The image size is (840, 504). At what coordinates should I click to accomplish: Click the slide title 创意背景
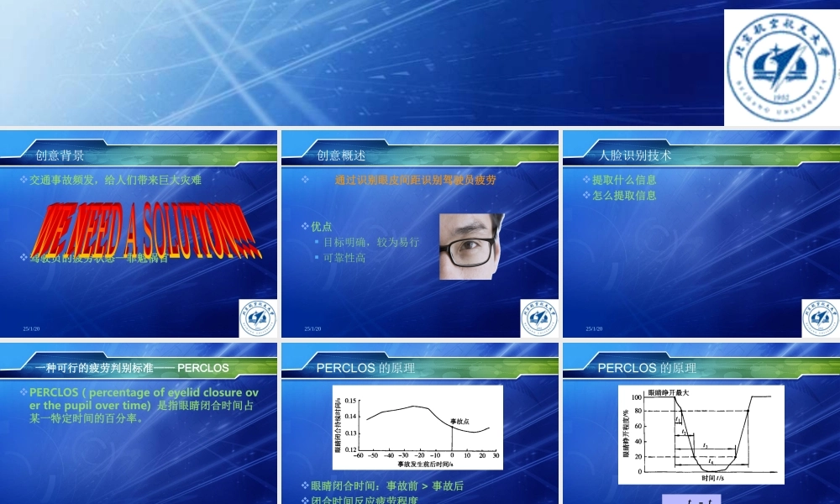click(60, 155)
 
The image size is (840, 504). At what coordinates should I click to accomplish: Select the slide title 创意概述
click(341, 155)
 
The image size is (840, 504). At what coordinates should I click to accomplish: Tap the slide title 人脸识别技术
click(635, 155)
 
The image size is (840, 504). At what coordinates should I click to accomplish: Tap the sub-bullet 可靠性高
click(344, 258)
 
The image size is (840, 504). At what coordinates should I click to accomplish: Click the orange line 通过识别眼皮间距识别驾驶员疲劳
click(416, 180)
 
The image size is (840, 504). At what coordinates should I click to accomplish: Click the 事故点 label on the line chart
click(459, 421)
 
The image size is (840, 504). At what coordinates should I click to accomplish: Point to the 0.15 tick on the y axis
click(350, 402)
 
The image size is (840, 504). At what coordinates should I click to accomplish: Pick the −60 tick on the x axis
click(359, 455)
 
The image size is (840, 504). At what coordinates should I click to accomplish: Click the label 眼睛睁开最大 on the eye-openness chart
click(668, 393)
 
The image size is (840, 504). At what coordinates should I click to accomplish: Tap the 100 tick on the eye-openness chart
click(638, 410)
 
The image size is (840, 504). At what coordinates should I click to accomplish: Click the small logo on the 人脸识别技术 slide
click(820, 317)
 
